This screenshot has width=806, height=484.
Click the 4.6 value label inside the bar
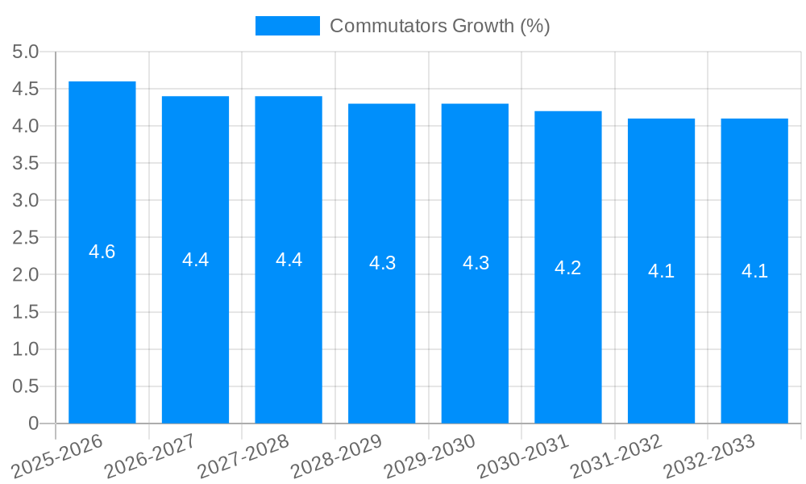[x=102, y=252]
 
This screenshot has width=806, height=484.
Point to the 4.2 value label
[x=568, y=268]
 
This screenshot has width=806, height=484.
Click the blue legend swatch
[x=288, y=26]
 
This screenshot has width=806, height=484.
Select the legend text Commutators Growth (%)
[x=440, y=26]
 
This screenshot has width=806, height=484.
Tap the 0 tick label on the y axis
[x=33, y=423]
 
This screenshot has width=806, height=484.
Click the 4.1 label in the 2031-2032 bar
[x=661, y=272]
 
